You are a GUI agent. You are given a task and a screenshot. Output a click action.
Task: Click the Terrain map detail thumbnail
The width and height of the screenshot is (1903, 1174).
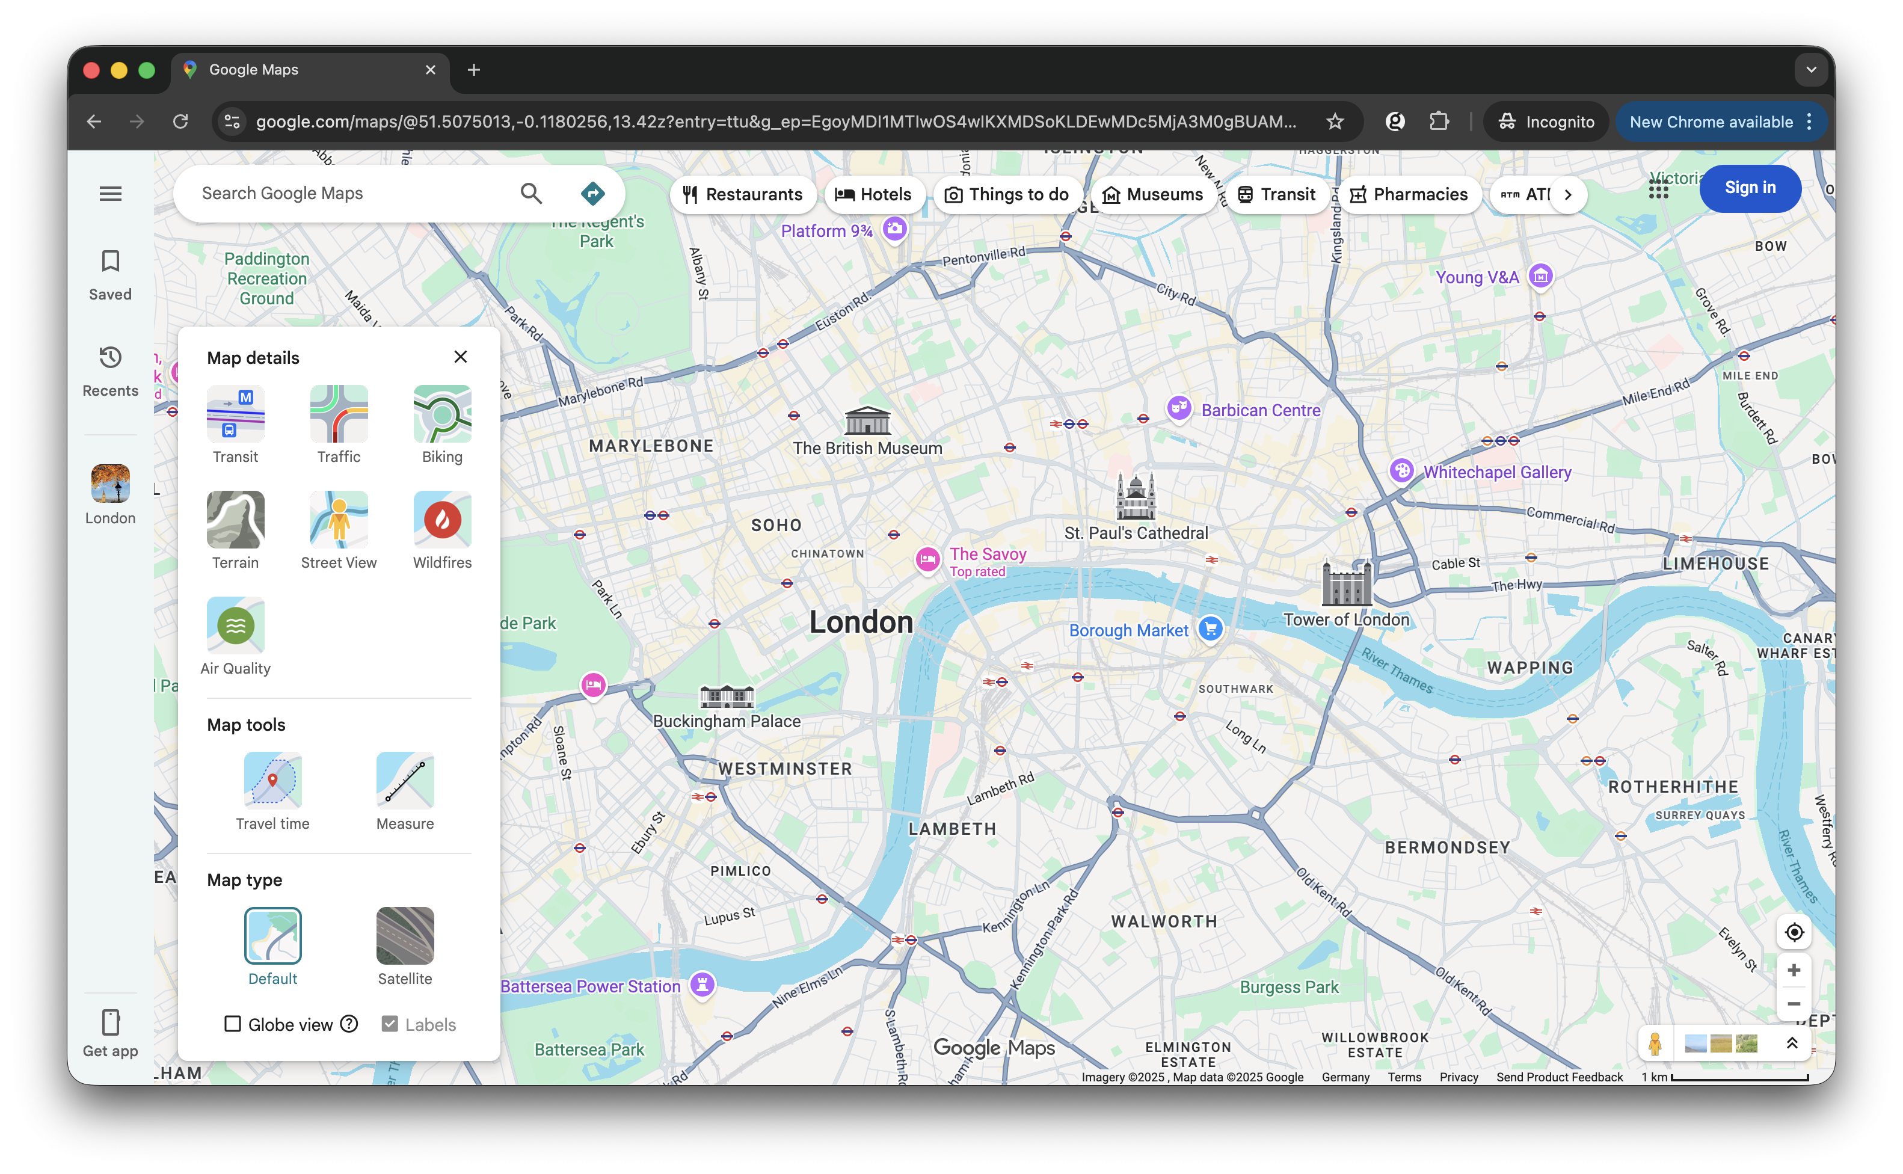tap(235, 520)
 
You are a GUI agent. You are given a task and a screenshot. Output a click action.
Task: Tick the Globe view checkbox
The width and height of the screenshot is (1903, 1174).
tap(232, 1024)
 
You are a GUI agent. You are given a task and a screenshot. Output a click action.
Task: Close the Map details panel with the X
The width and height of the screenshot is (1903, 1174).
tap(461, 357)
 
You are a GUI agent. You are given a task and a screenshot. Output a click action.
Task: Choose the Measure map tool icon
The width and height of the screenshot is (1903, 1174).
tap(405, 779)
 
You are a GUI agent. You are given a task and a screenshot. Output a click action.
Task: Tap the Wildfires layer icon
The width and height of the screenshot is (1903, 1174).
tap(442, 520)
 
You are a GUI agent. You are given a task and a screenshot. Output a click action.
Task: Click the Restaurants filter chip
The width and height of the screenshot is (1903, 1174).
tap(742, 194)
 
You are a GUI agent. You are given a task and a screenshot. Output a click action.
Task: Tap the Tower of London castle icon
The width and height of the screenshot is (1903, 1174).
tap(1345, 583)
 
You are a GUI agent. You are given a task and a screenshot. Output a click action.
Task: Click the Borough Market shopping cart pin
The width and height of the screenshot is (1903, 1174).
tap(1210, 629)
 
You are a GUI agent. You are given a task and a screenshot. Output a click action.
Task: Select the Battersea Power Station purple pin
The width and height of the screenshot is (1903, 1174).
tap(702, 985)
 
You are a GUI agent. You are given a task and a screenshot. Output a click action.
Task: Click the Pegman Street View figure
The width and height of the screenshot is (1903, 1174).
tap(1654, 1043)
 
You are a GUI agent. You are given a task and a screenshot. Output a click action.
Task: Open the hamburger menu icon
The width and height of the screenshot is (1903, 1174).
tap(110, 193)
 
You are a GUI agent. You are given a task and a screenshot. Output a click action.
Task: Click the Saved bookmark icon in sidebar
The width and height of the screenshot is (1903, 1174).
tap(110, 261)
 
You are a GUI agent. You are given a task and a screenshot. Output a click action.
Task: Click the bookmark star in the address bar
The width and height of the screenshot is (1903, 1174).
tap(1334, 122)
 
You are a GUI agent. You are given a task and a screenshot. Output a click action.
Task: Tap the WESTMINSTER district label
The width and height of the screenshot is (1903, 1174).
tap(785, 769)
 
